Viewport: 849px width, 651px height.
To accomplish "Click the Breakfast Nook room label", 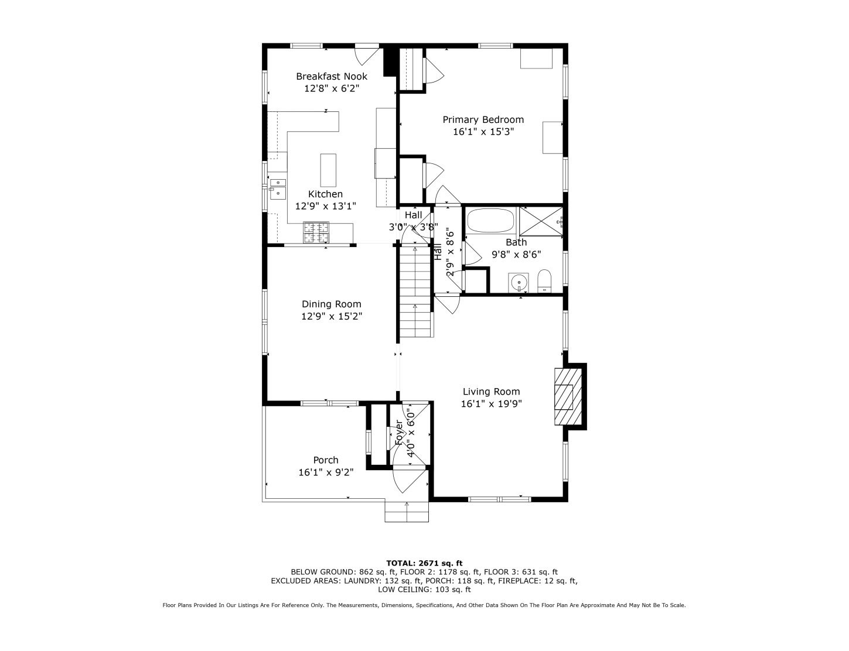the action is (x=331, y=76).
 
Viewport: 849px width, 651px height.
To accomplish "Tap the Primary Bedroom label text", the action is (x=483, y=119).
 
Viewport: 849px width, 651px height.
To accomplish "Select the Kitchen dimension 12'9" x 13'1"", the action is (x=325, y=206).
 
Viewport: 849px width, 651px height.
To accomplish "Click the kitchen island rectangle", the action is (x=328, y=170).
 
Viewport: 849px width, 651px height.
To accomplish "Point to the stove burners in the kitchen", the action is (x=316, y=232).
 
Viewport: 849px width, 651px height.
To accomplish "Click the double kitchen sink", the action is (x=278, y=187).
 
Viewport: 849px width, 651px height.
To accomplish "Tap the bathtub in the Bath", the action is (x=490, y=221).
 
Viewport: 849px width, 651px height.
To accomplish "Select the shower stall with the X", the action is (x=541, y=221).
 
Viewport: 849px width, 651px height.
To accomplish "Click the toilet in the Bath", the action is (x=544, y=280).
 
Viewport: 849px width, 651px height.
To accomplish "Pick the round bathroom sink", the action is (x=519, y=282).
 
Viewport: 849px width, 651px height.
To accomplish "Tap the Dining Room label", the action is (x=331, y=304).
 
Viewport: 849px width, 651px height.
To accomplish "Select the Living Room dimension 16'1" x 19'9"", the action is (x=491, y=403).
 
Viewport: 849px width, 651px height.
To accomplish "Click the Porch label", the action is (x=326, y=460).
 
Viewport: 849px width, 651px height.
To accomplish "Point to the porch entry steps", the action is (x=406, y=511).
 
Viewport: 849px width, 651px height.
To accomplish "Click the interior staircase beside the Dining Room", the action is (x=415, y=291).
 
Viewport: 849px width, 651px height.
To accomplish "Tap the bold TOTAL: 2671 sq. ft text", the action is (x=424, y=563).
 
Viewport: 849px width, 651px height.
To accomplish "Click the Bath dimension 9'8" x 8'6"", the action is (x=516, y=255).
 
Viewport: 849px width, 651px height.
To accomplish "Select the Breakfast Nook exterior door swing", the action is (x=367, y=56).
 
